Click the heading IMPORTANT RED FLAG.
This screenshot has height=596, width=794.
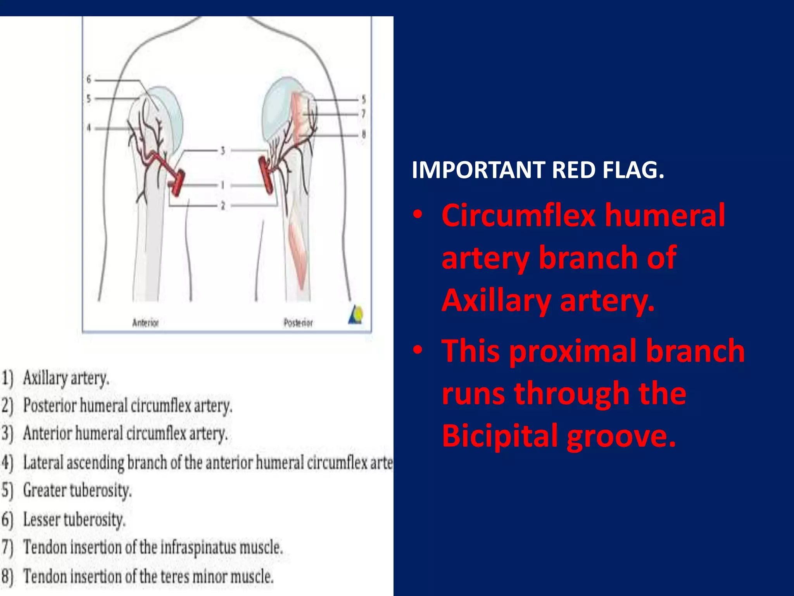click(538, 170)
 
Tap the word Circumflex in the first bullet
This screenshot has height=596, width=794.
click(518, 216)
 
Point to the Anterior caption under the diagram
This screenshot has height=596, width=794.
click(145, 323)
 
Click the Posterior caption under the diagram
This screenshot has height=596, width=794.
click(298, 323)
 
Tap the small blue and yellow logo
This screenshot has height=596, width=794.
click(356, 315)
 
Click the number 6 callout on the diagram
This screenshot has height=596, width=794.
click(89, 80)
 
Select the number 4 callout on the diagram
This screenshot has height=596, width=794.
click(89, 128)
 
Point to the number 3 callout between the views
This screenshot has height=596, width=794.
click(223, 151)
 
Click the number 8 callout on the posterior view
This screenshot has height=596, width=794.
click(363, 135)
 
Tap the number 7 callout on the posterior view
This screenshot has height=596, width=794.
click(363, 114)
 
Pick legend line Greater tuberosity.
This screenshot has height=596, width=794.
click(67, 490)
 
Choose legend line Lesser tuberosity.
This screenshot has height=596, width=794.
click(64, 520)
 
